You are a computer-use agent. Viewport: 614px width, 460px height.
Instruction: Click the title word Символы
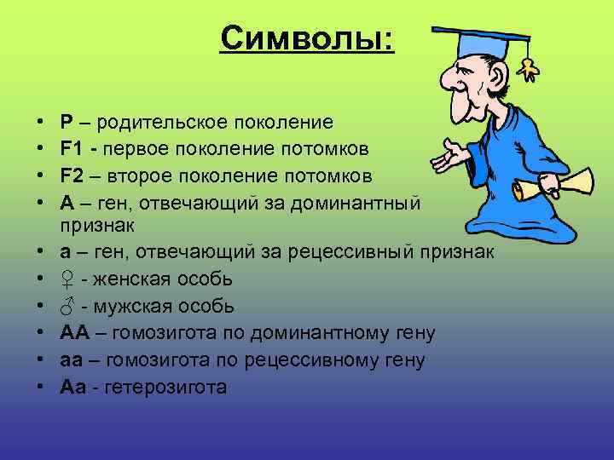pyautogui.click(x=307, y=37)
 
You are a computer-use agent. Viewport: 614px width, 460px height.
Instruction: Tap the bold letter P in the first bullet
pyautogui.click(x=67, y=124)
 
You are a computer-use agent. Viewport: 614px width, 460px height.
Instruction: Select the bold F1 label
pyautogui.click(x=72, y=150)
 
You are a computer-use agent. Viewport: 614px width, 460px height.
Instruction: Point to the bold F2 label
pyautogui.click(x=72, y=176)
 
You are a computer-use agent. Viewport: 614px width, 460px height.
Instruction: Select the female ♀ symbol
pyautogui.click(x=68, y=280)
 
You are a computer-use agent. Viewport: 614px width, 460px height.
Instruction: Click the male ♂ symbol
pyautogui.click(x=68, y=307)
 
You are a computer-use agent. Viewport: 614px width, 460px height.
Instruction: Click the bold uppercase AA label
pyautogui.click(x=73, y=333)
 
